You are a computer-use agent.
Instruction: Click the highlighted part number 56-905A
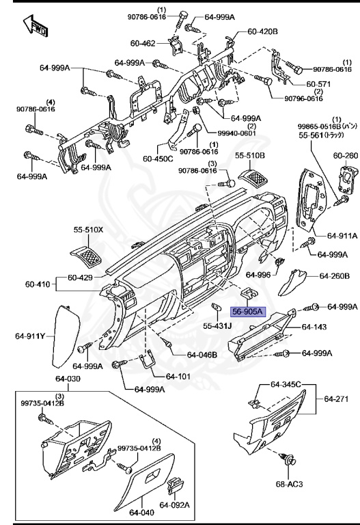[251, 312]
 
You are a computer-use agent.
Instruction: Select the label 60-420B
[262, 31]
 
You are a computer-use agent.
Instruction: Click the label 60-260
[345, 155]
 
